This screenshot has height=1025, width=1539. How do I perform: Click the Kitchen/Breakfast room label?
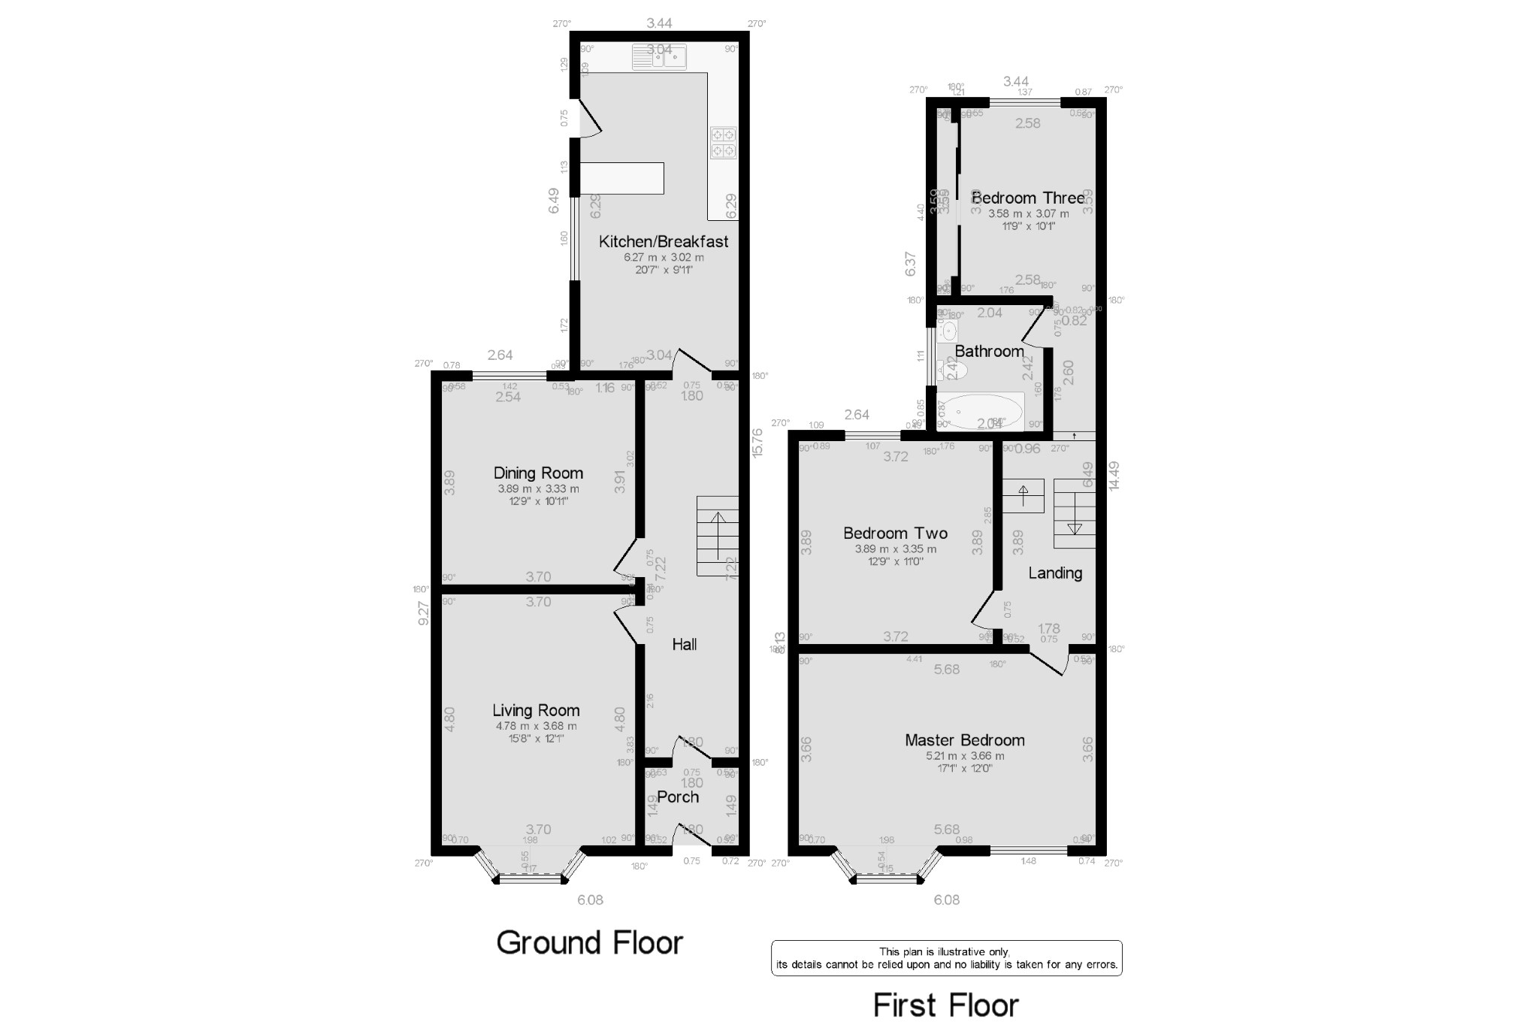pos(663,241)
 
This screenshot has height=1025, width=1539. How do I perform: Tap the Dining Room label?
pos(538,473)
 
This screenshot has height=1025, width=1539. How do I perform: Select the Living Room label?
pos(536,710)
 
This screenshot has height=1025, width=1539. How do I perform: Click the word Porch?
pos(678,797)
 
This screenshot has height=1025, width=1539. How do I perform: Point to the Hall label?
pos(684,644)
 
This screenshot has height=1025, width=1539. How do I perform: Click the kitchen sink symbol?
pos(659,57)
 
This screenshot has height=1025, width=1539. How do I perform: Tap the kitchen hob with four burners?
pos(724,143)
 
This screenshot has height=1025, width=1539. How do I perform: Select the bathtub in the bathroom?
pos(983,412)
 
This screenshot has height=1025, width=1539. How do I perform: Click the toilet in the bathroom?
pos(953,369)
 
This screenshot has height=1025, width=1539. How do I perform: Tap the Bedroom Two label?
pos(895,533)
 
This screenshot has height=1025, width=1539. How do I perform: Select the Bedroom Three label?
pos(1027,198)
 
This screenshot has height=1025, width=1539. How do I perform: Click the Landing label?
pos(1055,573)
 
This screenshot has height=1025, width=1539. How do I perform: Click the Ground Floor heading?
pos(589,942)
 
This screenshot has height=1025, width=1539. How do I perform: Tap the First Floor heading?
pos(945,1005)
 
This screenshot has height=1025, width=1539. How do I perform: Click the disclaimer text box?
pos(946,958)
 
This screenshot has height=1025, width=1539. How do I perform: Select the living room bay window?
pos(530,869)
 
